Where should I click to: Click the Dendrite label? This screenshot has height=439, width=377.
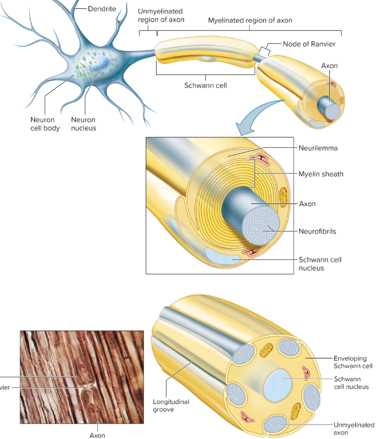[x=102, y=8]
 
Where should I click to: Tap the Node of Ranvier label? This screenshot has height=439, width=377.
[x=309, y=44]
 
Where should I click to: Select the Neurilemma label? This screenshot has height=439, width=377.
[x=318, y=148]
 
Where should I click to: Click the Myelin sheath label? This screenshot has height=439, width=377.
[x=321, y=174]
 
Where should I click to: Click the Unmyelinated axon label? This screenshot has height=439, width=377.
[x=354, y=428]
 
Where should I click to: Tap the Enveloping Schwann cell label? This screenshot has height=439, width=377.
[x=353, y=362]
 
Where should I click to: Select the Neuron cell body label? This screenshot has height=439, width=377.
[x=45, y=124]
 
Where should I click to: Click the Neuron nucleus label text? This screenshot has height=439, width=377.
[x=83, y=124]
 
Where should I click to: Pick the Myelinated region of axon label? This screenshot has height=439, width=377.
[x=250, y=21]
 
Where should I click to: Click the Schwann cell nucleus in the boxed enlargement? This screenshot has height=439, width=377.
[x=223, y=256]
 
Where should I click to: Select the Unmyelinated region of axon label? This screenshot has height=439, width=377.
[x=160, y=16]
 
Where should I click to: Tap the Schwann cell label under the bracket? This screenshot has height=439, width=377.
[x=205, y=86]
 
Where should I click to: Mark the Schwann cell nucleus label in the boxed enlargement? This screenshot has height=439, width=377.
[x=320, y=263]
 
